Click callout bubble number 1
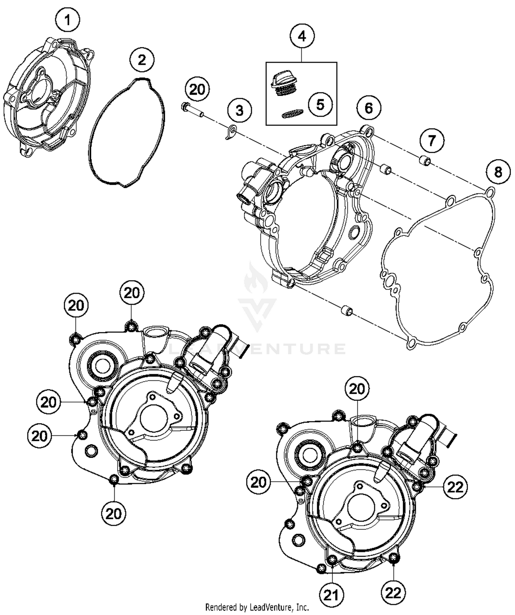[x=67, y=20]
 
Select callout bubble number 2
[x=142, y=60]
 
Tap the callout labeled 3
[x=239, y=111]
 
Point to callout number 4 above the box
[x=302, y=36]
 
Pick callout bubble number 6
[x=368, y=108]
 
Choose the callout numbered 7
[x=431, y=140]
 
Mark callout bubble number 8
[x=498, y=172]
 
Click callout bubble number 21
[x=331, y=595]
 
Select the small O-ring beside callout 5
[x=293, y=114]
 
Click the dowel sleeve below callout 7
[x=426, y=160]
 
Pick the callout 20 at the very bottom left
[x=114, y=514]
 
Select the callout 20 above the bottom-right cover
[x=357, y=389]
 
